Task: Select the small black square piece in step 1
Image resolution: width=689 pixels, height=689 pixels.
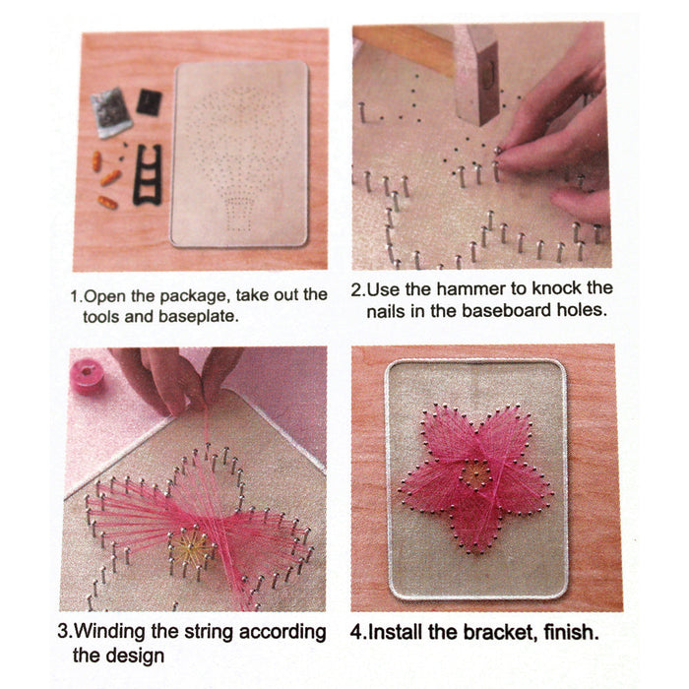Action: coord(149,100)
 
